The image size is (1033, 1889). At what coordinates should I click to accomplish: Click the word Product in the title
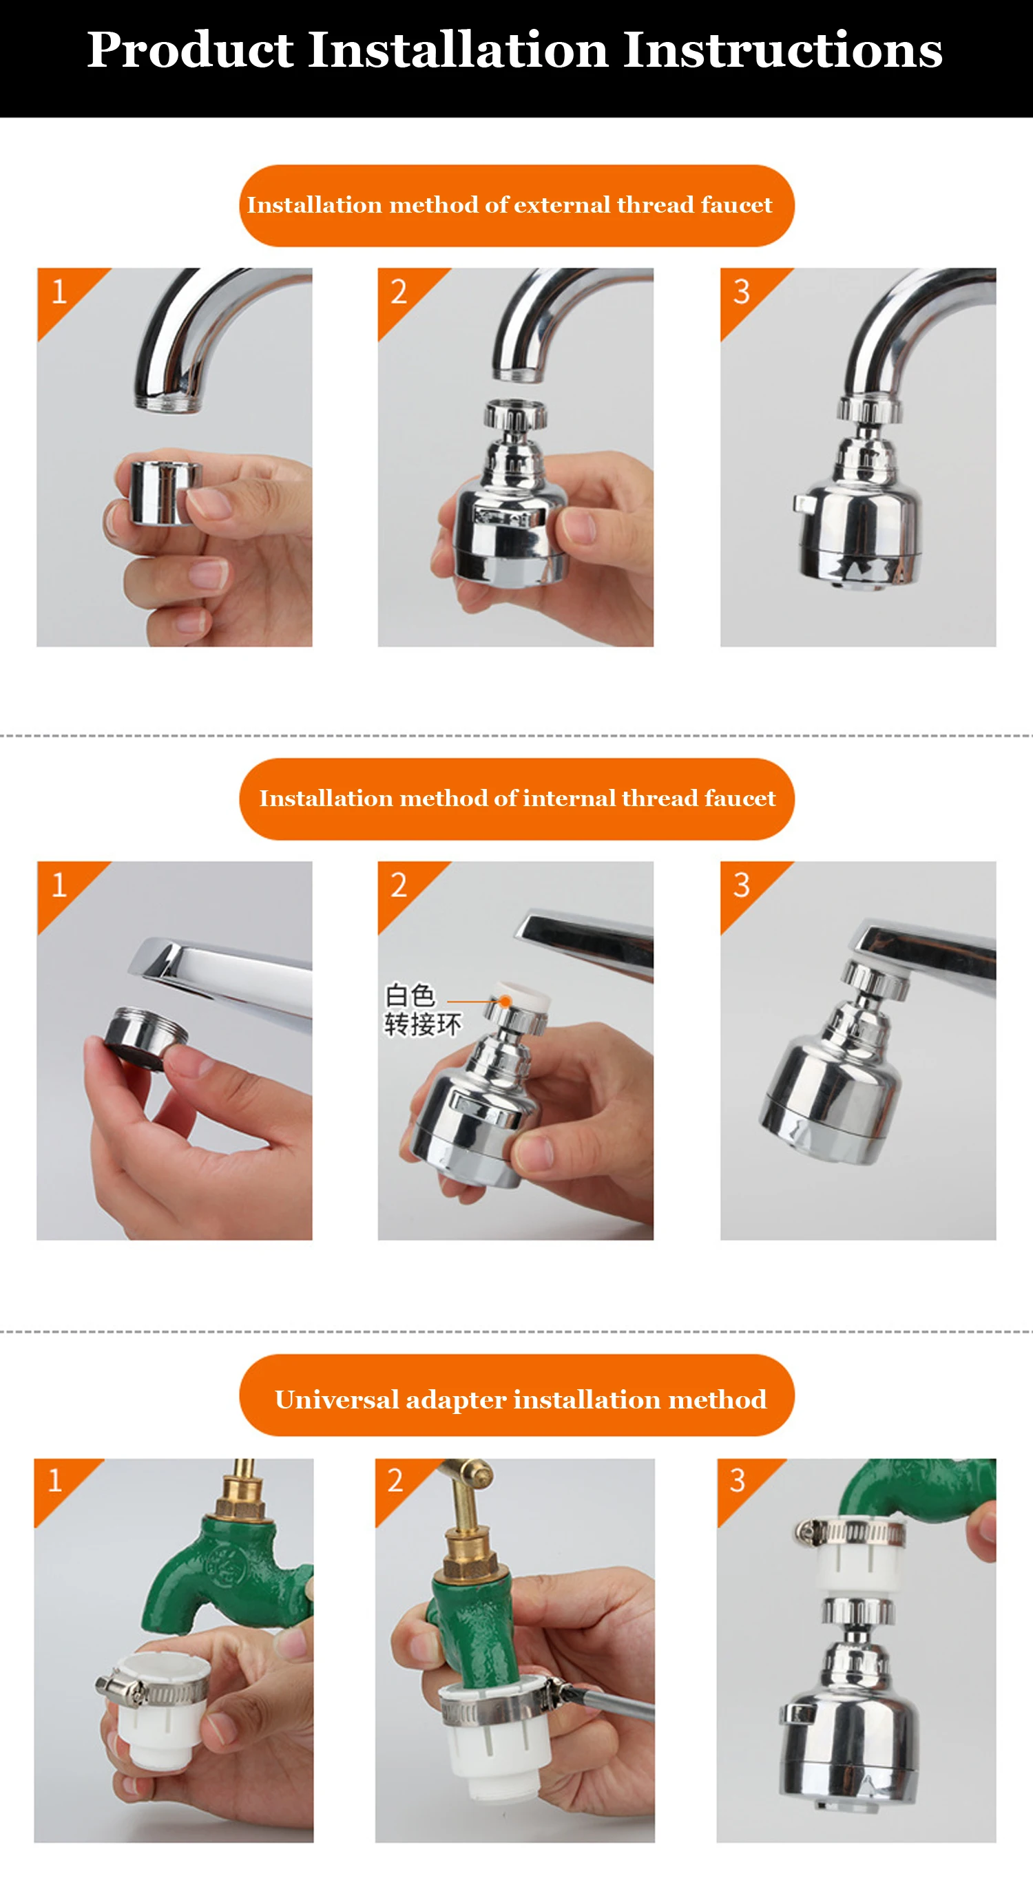pos(191,52)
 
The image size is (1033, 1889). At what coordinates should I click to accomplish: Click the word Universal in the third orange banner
pos(337,1400)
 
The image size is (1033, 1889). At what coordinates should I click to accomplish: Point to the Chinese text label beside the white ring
pos(423,1010)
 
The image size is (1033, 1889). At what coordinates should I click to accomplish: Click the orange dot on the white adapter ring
pos(505,1001)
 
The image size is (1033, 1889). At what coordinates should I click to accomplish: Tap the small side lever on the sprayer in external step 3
pos(804,504)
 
